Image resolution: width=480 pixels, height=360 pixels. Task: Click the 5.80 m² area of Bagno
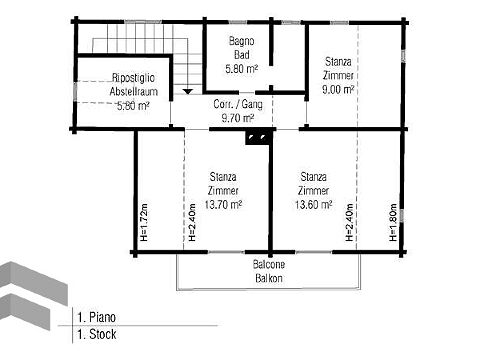(242, 69)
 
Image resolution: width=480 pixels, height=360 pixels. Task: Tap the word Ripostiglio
(133, 78)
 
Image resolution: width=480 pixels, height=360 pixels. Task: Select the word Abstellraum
(134, 91)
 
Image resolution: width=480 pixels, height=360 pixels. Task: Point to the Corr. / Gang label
(238, 104)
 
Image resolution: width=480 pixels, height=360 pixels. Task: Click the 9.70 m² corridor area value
(238, 118)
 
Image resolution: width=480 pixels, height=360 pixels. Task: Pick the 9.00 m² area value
(338, 89)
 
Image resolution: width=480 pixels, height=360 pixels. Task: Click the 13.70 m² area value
(223, 204)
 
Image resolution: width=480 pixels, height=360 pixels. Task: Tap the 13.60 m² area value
(313, 204)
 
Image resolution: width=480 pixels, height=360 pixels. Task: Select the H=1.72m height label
(144, 222)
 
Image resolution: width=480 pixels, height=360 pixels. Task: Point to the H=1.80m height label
(393, 222)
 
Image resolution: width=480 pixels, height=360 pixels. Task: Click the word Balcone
(269, 264)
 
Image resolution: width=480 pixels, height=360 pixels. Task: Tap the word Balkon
(269, 278)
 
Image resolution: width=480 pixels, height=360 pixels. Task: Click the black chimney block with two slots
(257, 137)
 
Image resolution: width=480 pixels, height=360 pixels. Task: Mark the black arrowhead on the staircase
(188, 91)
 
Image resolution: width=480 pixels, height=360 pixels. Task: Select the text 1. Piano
(97, 317)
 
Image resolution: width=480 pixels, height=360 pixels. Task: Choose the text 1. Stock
(97, 334)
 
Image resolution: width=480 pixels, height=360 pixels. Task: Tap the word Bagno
(242, 41)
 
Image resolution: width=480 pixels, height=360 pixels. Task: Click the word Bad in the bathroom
(242, 55)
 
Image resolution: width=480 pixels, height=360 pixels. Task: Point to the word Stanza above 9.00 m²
(338, 62)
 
